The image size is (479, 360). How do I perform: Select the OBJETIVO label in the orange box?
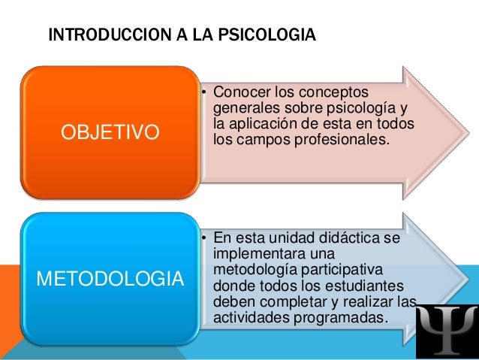click(110, 134)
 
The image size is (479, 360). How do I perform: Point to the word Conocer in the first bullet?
click(241, 92)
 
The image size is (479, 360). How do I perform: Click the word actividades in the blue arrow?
click(246, 317)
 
